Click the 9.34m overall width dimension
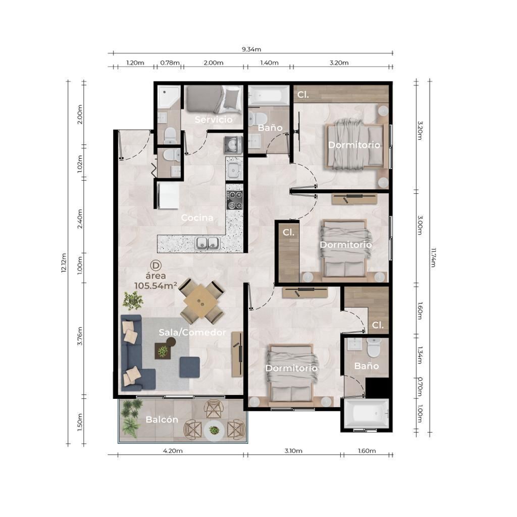point(251,49)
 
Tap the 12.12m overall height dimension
point(64,263)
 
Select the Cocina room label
point(197,218)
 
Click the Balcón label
point(162,420)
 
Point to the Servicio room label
point(214,119)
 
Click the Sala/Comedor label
point(192,332)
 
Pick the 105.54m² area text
point(156,286)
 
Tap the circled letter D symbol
point(156,266)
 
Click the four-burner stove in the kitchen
point(234,200)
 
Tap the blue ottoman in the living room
point(190,367)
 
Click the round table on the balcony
point(214,430)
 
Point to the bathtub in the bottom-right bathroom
point(367,413)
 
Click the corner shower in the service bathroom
point(169,97)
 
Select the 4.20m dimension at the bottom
point(173,451)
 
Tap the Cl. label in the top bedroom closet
point(303,94)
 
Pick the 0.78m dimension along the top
point(170,63)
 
